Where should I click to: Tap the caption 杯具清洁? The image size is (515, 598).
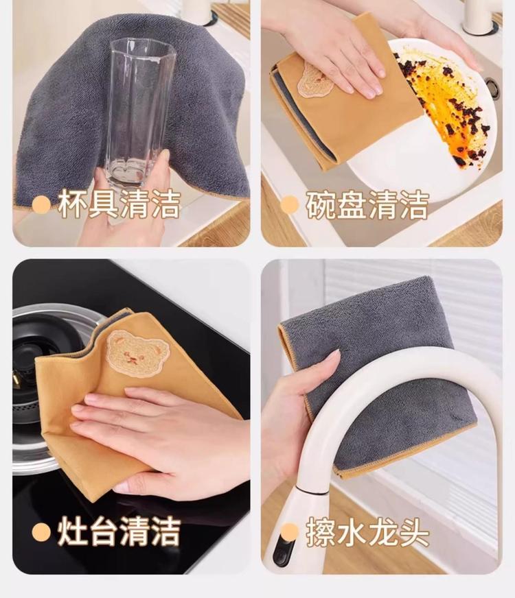pyautogui.click(x=119, y=205)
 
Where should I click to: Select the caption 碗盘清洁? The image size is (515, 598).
pyautogui.click(x=367, y=205)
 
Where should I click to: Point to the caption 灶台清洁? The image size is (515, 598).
pyautogui.click(x=119, y=531)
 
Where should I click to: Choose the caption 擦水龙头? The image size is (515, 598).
pyautogui.click(x=367, y=531)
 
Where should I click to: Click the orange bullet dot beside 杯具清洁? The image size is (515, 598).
pyautogui.click(x=41, y=205)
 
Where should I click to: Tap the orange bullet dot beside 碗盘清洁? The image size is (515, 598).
pyautogui.click(x=290, y=205)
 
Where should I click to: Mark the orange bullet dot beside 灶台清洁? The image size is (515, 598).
pyautogui.click(x=41, y=531)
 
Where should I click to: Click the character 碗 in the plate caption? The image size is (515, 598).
pyautogui.click(x=321, y=205)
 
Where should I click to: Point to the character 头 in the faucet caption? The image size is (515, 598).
pyautogui.click(x=414, y=531)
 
